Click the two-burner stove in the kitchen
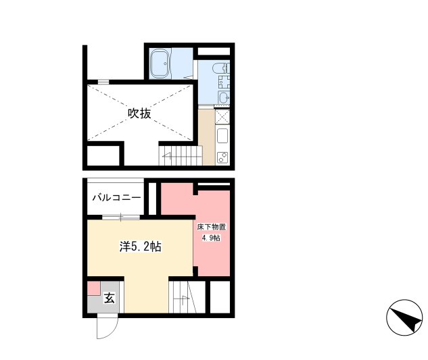click(x=222, y=157)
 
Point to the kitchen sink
click(x=222, y=134)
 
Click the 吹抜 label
click(x=139, y=113)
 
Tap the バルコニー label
click(x=117, y=197)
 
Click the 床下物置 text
click(x=212, y=228)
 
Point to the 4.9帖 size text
click(x=212, y=238)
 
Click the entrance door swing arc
click(x=105, y=329)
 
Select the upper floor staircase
click(x=180, y=155)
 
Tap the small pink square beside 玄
click(x=93, y=288)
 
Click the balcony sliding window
click(x=121, y=216)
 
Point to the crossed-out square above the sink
click(x=222, y=116)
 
